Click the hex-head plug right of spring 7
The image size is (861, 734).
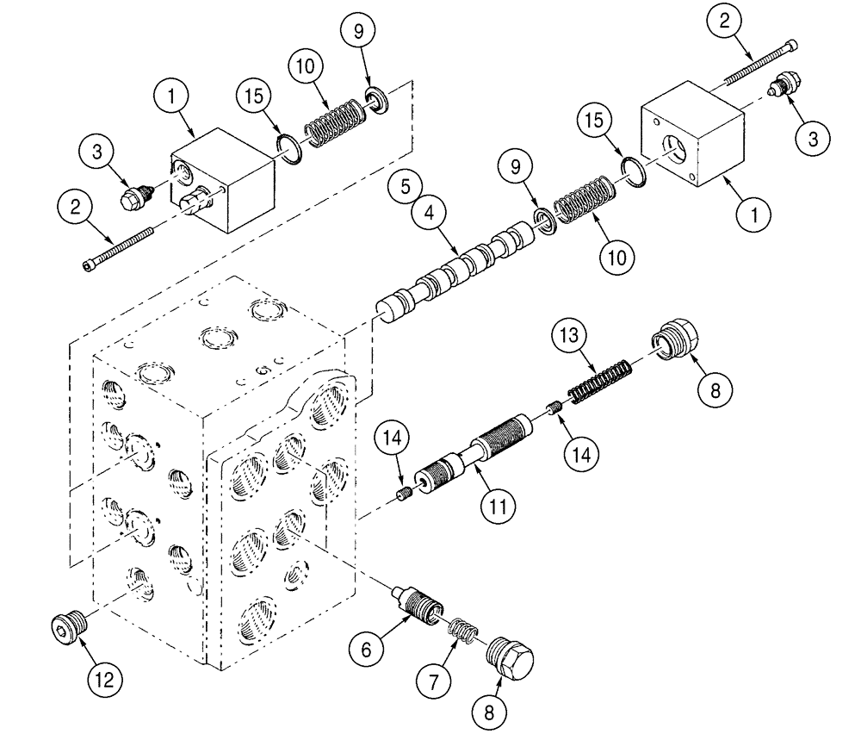[511, 657]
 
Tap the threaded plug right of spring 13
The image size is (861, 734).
[678, 342]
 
